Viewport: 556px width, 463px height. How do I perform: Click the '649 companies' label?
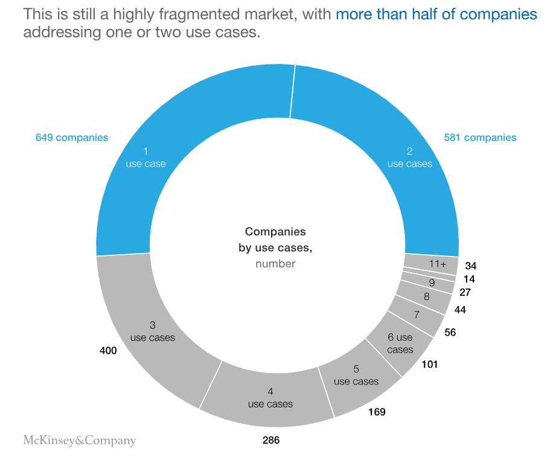tap(72, 138)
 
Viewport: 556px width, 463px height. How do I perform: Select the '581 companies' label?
tap(480, 138)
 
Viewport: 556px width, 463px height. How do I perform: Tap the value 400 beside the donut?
tap(108, 351)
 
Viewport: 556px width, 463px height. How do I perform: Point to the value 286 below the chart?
tap(271, 440)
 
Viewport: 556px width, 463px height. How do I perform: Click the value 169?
tap(377, 412)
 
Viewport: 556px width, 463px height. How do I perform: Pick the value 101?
tap(429, 364)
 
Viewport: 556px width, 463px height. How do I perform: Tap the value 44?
tap(460, 310)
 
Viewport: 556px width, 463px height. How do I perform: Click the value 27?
tap(465, 292)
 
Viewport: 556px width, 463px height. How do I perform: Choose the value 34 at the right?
tap(471, 266)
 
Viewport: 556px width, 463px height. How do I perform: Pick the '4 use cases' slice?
tap(270, 398)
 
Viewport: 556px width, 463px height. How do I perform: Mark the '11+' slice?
tap(438, 263)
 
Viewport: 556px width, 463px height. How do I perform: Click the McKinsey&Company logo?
tap(79, 440)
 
